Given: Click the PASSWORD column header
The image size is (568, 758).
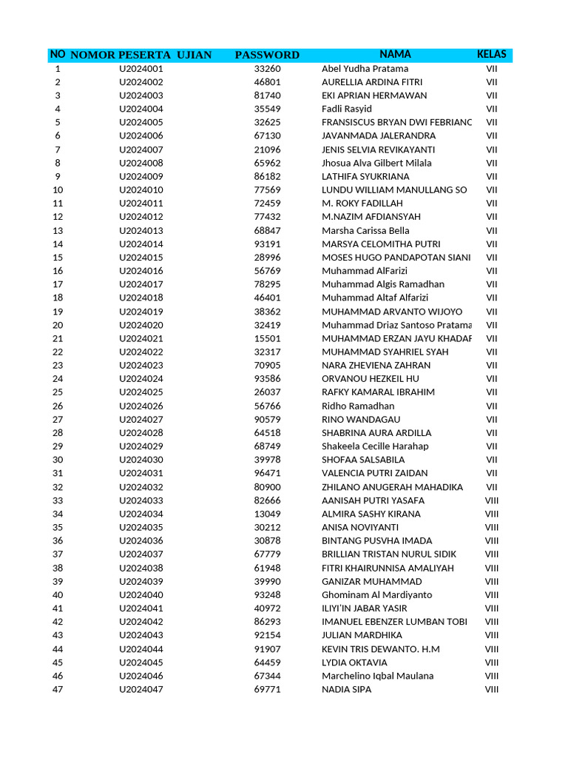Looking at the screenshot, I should [x=267, y=55].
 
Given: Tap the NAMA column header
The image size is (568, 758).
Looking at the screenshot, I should [x=395, y=54].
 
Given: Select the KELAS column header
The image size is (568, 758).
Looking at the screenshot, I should [x=492, y=54].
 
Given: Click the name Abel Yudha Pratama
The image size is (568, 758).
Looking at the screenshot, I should [x=365, y=69].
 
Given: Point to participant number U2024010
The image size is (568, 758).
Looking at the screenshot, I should [x=141, y=190].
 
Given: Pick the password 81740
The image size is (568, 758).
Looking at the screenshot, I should [x=267, y=95].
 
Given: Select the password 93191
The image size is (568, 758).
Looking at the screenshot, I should [x=267, y=244].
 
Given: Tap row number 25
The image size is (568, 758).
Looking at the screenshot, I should [x=58, y=392].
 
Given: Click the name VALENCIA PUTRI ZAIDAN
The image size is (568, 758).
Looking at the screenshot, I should [x=374, y=473].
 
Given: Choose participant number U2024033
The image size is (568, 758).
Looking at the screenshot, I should [x=141, y=500].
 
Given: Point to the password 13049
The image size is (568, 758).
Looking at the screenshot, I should [x=267, y=514].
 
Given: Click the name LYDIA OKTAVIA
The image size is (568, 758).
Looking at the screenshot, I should [x=354, y=663].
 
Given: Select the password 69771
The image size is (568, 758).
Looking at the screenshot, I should [x=267, y=689].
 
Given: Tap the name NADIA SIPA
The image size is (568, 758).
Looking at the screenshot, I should [x=346, y=689].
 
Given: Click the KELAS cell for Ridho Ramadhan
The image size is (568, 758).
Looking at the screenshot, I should [x=492, y=406].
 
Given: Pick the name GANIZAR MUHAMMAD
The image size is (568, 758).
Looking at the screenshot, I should [x=371, y=581].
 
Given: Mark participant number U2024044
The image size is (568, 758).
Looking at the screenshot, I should [x=141, y=649].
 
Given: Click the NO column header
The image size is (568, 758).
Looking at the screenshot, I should [x=58, y=54].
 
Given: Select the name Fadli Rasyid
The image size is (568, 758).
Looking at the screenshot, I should [x=347, y=109].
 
